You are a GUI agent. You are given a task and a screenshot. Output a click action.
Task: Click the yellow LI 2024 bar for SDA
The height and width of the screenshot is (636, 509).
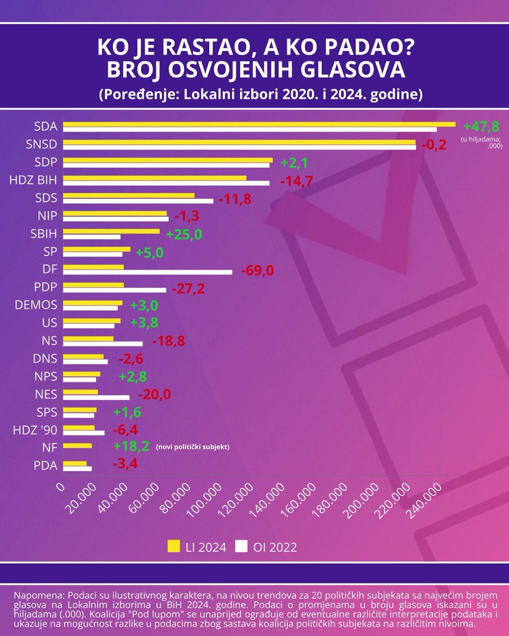259,124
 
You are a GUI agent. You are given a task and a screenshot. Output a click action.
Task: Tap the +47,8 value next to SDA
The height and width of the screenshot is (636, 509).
481,126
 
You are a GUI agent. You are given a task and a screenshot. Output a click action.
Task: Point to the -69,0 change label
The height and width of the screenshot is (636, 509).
257,270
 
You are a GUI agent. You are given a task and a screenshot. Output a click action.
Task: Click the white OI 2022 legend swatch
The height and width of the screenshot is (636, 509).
242,547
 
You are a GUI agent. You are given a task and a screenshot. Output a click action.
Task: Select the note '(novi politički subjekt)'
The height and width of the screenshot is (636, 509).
192,447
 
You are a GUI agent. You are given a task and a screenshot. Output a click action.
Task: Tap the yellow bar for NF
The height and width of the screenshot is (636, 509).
77,446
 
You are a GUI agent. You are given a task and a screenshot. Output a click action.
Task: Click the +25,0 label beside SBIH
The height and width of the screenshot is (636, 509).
184,234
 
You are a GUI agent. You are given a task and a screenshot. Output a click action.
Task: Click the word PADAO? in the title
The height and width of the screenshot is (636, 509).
366,49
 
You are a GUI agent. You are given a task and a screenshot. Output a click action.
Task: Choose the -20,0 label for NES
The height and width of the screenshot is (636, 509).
154,394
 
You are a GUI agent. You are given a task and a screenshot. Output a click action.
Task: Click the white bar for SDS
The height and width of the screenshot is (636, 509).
138,201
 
